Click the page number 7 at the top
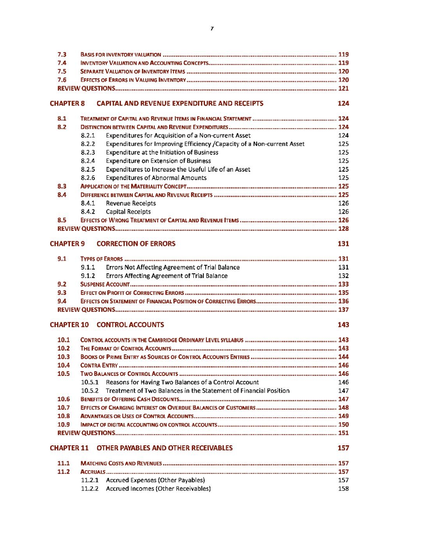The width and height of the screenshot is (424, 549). pos(212,28)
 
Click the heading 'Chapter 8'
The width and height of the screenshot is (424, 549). pos(67,103)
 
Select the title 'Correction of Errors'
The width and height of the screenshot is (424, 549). pos(136,244)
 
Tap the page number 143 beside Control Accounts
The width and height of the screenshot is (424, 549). pos(343,325)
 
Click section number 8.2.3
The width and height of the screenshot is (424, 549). pos(88,152)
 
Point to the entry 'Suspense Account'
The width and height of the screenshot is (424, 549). pos(105,284)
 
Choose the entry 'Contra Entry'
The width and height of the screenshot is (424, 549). pos(99,365)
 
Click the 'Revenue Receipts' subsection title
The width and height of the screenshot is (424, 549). pos(131,203)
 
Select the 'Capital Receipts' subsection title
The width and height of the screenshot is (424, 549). pos(128,212)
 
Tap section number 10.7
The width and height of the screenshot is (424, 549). pos(64,407)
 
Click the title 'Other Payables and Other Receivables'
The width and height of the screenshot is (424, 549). pos(164,448)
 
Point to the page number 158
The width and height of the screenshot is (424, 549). pos(343,489)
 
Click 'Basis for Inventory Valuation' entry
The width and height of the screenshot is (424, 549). pos(120,55)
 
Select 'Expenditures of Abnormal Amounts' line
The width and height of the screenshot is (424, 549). pos(156,178)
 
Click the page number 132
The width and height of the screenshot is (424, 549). pos(343,276)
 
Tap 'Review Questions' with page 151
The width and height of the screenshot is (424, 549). pos(86,433)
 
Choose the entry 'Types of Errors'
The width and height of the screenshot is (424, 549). pos(101,259)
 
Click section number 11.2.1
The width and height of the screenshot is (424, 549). pos(90,480)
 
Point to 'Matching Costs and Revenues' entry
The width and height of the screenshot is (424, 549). pos(121,463)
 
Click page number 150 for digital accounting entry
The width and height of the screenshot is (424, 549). pos(343,425)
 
